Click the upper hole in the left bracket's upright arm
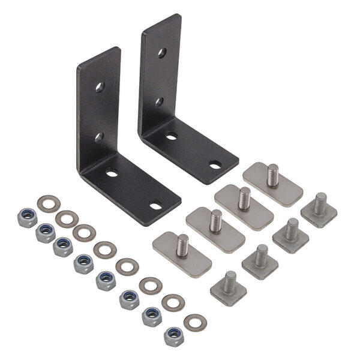click(x=100, y=87)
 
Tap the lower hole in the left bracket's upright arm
click(x=99, y=137)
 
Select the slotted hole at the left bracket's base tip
click(x=155, y=206)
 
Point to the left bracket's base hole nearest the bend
click(x=112, y=174)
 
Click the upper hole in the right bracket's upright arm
click(x=162, y=53)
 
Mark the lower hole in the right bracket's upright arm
click(x=160, y=102)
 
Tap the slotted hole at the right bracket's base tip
click(x=214, y=164)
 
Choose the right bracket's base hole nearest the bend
click(x=172, y=136)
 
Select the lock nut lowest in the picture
click(x=174, y=336)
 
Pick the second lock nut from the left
click(x=46, y=232)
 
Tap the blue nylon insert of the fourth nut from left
click(x=83, y=262)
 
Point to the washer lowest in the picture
click(x=195, y=322)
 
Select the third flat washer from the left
click(x=84, y=232)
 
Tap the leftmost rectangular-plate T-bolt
click(x=182, y=253)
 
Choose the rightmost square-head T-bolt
click(x=319, y=208)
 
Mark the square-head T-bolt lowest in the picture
click(x=229, y=287)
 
